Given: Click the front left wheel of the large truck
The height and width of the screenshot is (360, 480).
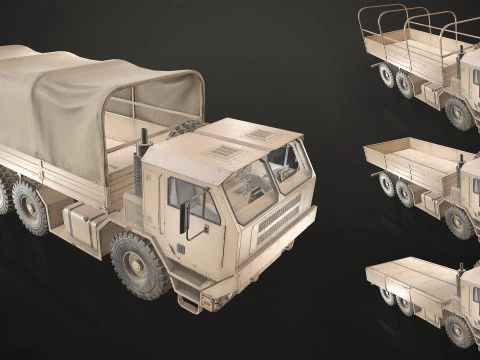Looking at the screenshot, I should (x=141, y=267).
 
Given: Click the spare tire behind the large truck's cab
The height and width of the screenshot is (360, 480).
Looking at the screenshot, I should (x=186, y=129).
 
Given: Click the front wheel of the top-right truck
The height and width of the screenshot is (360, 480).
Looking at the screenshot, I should (x=459, y=114).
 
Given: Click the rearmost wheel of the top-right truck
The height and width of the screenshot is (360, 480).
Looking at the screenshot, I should (x=385, y=76).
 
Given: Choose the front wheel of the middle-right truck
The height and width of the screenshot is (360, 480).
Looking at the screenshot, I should (x=459, y=221).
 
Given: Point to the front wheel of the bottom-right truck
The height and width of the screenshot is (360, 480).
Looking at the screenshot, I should (x=459, y=329).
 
